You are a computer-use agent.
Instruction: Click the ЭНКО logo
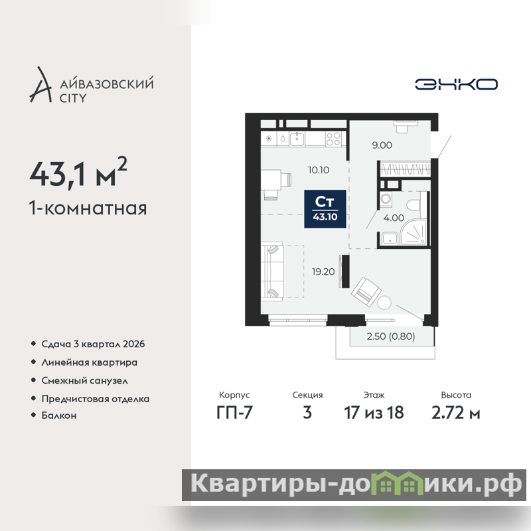tap(456, 84)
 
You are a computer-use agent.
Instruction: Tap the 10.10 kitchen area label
tap(319, 170)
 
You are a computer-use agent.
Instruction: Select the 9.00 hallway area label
tap(382, 145)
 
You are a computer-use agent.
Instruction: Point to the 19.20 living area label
tap(323, 271)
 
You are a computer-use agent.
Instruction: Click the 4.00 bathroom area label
tap(394, 218)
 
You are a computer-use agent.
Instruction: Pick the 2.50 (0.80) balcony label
tap(391, 337)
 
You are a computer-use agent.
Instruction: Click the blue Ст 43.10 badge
tap(325, 209)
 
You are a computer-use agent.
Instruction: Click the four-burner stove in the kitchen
tap(333, 139)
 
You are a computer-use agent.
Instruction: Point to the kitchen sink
tap(297, 139)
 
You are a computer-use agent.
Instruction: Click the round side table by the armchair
tap(384, 303)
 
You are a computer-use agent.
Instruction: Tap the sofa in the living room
tap(272, 271)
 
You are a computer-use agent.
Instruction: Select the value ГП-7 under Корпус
tap(234, 413)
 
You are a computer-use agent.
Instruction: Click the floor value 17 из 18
tap(374, 413)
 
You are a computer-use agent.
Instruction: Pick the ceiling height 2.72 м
tap(456, 413)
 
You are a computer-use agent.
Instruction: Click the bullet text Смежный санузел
tap(85, 380)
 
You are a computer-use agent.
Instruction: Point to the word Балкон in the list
tap(59, 416)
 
